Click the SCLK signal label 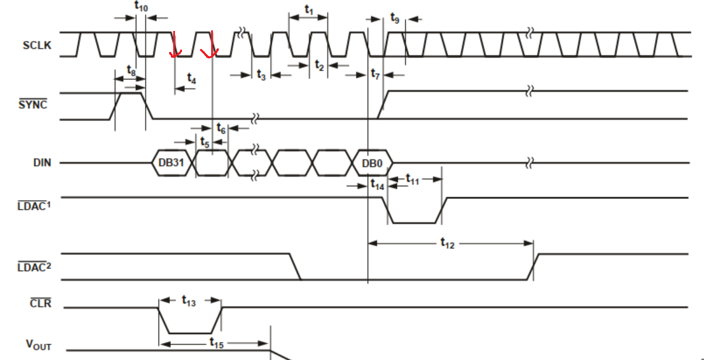click(x=36, y=46)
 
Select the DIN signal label click(x=42, y=163)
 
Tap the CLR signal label click(x=40, y=304)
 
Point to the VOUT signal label click(x=38, y=345)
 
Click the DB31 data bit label click(x=171, y=163)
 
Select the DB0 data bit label click(x=372, y=163)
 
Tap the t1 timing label click(x=309, y=11)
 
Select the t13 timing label click(x=188, y=301)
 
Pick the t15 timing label click(x=216, y=343)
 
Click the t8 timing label click(x=132, y=73)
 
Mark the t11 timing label click(x=412, y=179)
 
